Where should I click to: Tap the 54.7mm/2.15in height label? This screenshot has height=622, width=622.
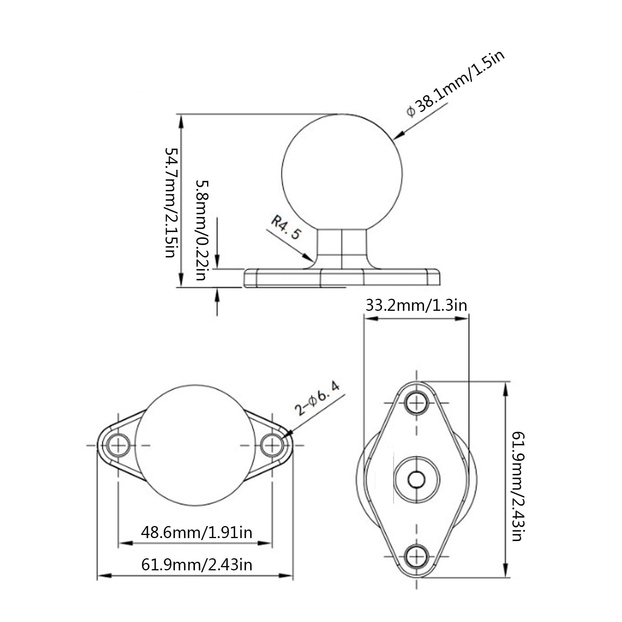point(172,202)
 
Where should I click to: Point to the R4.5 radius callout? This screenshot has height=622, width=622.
point(286,228)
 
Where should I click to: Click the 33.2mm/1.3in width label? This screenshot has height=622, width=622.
point(416,305)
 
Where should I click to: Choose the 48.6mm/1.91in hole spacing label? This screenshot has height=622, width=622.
point(196,532)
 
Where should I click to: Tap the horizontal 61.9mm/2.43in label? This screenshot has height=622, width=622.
point(196,564)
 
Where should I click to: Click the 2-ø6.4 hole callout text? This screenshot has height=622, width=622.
point(317,398)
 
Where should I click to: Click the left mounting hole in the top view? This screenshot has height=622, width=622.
point(118,445)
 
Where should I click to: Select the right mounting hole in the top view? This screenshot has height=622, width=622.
point(272,445)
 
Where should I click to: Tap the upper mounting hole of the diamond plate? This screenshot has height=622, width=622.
point(416,403)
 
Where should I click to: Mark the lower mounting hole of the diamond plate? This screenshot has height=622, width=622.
point(416,556)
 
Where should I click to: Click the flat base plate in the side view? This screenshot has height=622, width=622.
point(342,278)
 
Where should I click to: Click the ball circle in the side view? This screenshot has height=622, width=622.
point(342,173)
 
